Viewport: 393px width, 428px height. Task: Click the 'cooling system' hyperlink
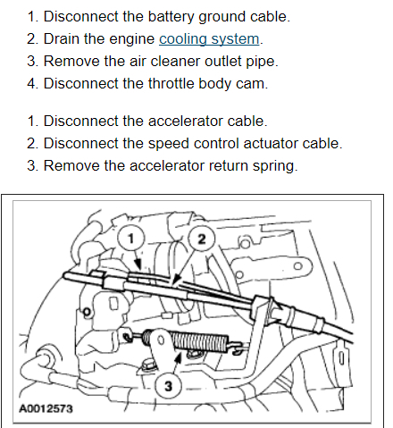pyautogui.click(x=209, y=39)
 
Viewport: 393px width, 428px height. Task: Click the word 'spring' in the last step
pyautogui.click(x=274, y=166)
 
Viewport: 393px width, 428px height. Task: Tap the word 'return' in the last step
pyautogui.click(x=229, y=166)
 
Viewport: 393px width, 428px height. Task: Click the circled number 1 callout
pyautogui.click(x=130, y=239)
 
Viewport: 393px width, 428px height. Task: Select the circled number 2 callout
pyautogui.click(x=202, y=239)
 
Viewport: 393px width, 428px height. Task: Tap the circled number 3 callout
pyautogui.click(x=168, y=386)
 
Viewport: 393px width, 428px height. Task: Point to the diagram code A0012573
pyautogui.click(x=46, y=408)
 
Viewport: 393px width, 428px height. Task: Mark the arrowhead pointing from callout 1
pyautogui.click(x=138, y=264)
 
